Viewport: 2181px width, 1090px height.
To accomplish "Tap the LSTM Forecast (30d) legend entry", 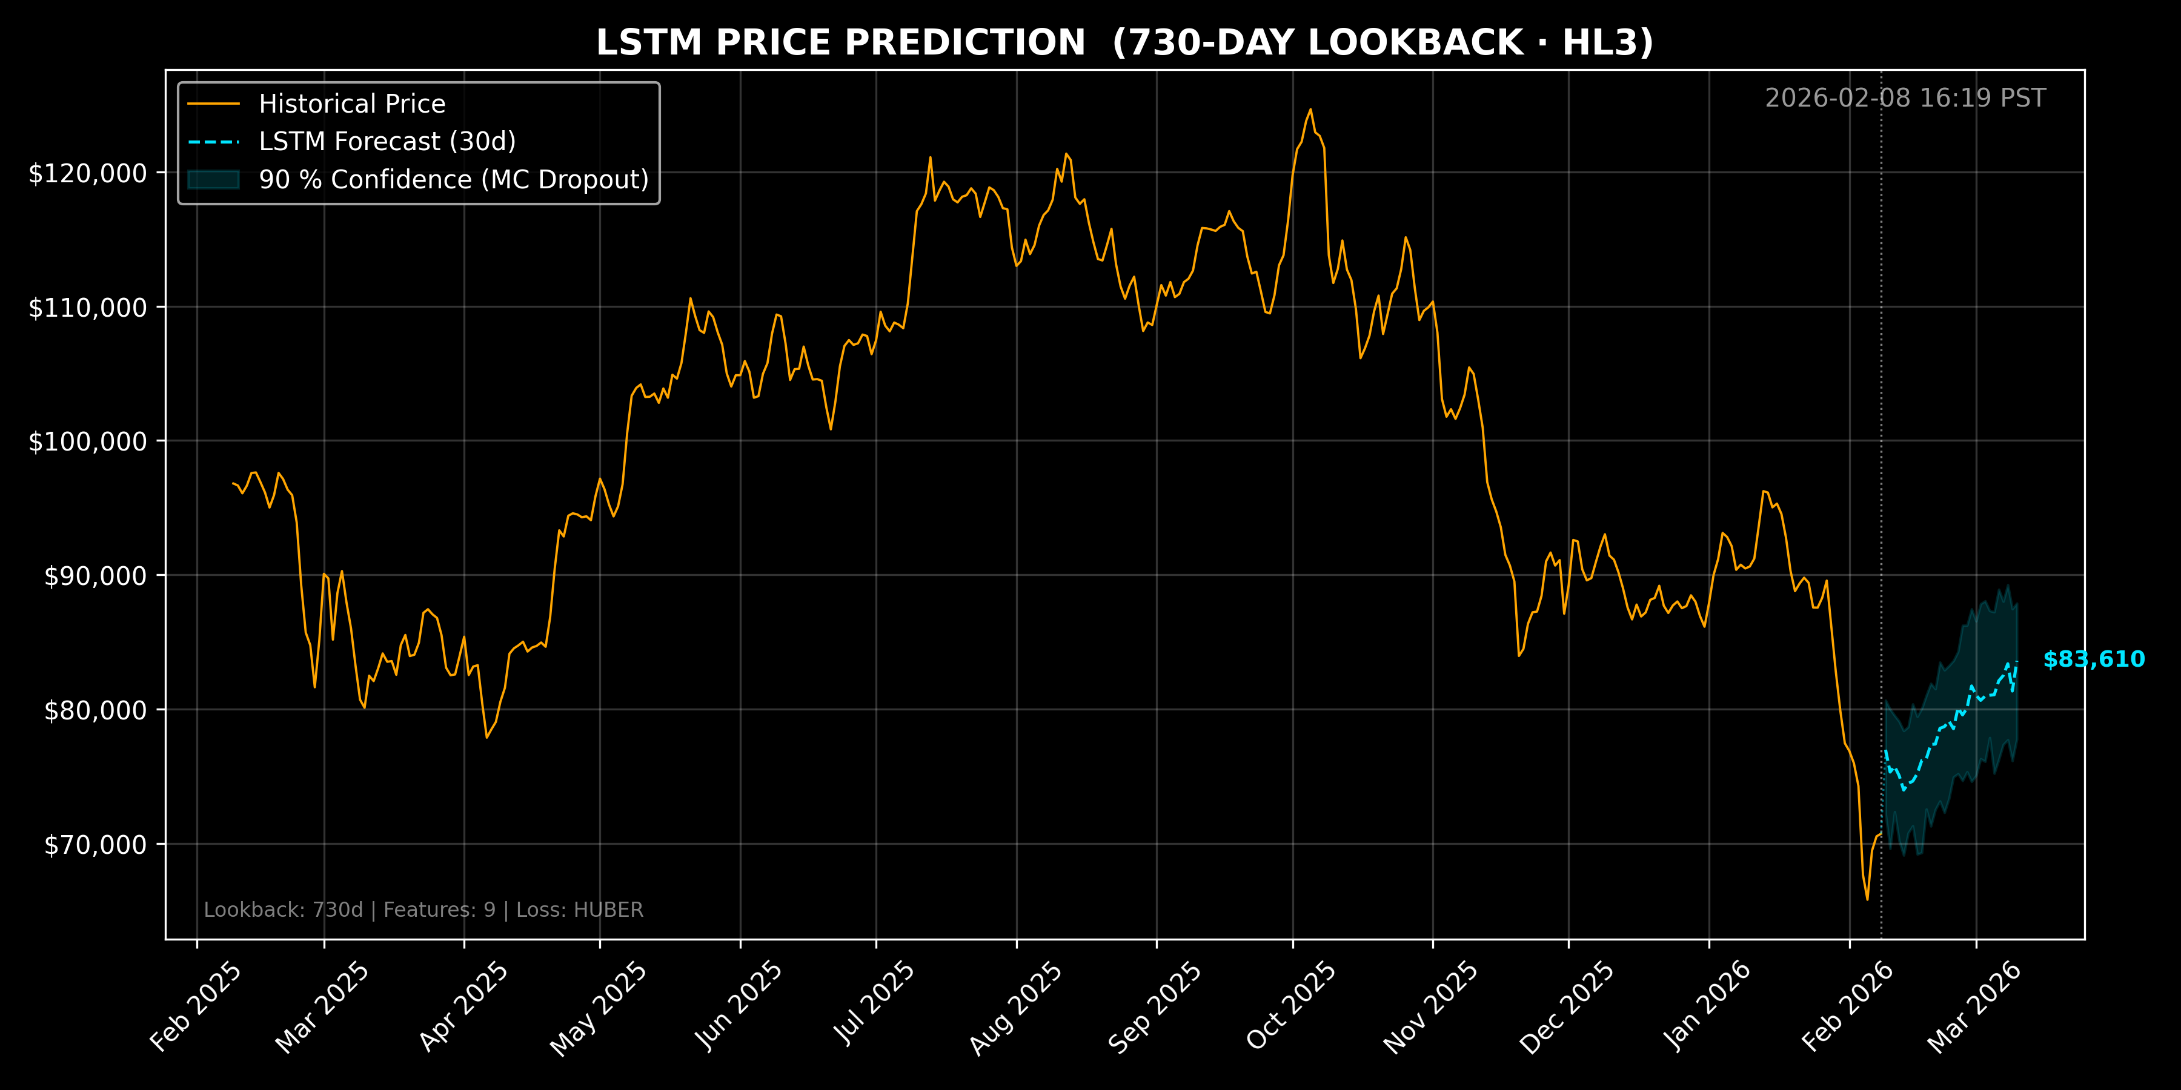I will [387, 141].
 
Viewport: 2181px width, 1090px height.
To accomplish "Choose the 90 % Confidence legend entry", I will [453, 179].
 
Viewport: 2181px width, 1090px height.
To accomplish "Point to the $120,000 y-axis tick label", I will [87, 173].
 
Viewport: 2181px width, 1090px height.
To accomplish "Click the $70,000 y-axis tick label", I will [95, 845].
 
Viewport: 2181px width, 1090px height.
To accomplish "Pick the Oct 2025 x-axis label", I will [1291, 1006].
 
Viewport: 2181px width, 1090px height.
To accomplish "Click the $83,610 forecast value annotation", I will [2094, 659].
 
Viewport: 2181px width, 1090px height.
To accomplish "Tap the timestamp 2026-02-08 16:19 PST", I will [1905, 98].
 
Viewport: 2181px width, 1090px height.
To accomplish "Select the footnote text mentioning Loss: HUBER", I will [423, 910].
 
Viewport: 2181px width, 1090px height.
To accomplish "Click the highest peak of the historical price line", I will [1310, 109].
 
